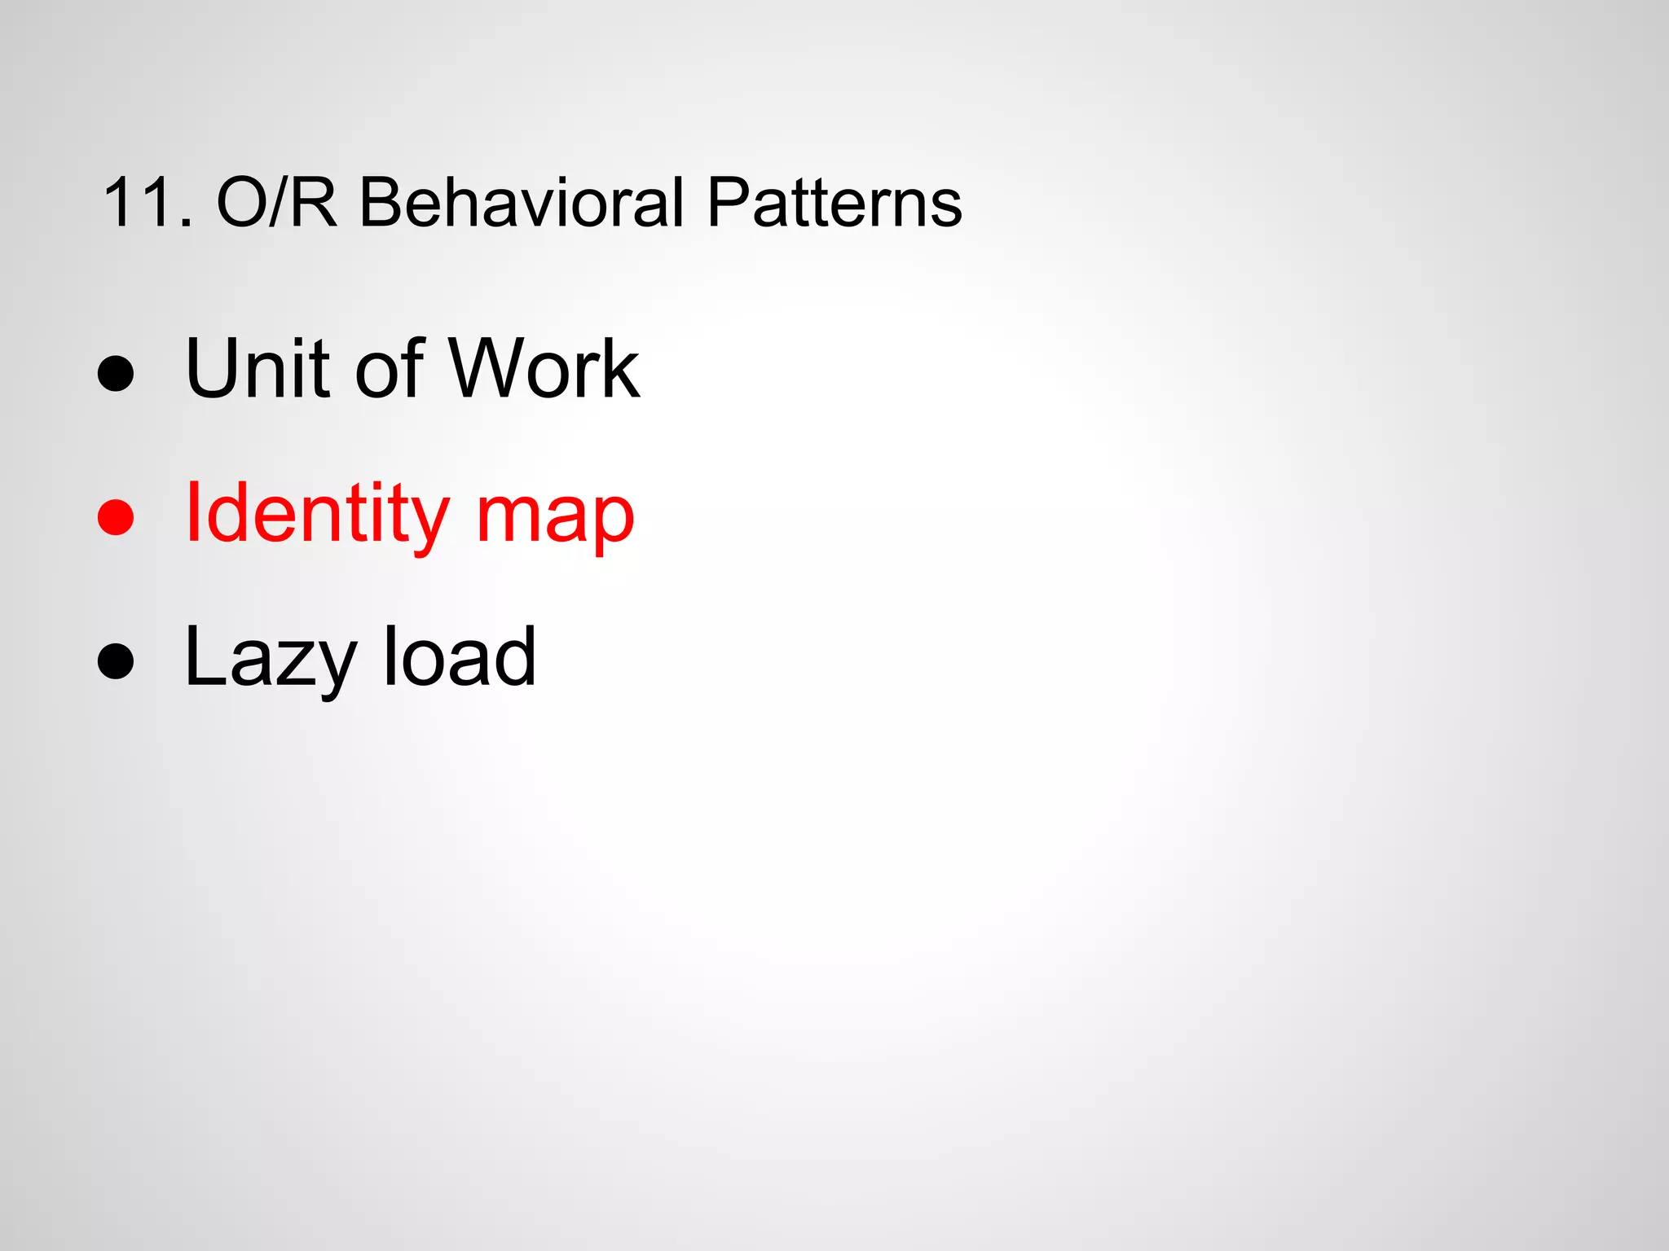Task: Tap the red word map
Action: (x=554, y=521)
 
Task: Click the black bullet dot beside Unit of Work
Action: (x=115, y=374)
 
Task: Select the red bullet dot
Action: (x=115, y=517)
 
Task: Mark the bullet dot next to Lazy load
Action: (x=115, y=661)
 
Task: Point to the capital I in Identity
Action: (x=192, y=512)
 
